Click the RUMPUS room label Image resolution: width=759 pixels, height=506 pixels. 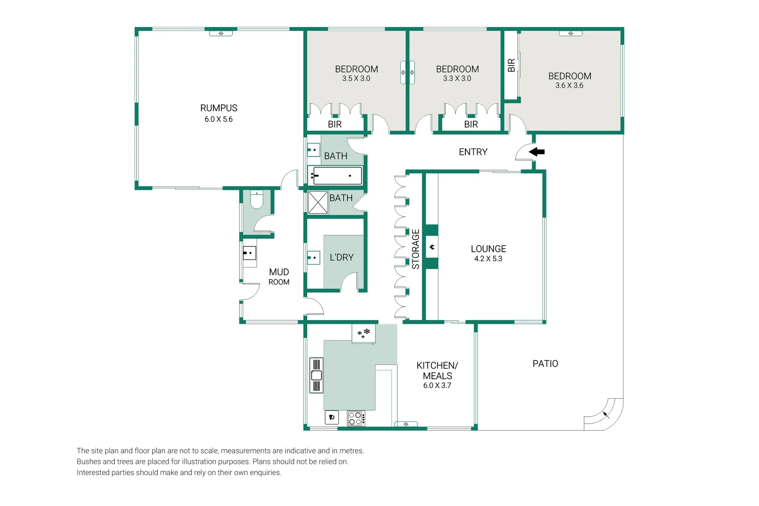tap(219, 108)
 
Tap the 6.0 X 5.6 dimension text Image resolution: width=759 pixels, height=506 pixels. tap(219, 119)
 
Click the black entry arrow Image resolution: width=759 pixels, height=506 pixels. tap(537, 152)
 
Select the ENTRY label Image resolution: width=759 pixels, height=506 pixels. tap(473, 152)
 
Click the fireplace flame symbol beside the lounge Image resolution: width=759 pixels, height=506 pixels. tap(432, 247)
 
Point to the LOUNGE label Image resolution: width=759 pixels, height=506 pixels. tap(488, 249)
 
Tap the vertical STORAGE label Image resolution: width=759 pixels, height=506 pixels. tap(415, 249)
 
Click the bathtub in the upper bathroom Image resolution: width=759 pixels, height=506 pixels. tap(335, 175)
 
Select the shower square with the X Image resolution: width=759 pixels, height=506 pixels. tap(318, 202)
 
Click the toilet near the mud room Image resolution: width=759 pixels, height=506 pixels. tap(257, 200)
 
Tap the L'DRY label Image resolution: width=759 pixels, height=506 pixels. tap(341, 257)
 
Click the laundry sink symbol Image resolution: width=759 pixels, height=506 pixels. tap(313, 258)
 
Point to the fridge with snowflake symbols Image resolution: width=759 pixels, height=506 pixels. tap(363, 334)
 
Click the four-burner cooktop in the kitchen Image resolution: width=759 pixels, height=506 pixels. tap(356, 418)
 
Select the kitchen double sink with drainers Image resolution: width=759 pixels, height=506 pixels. tap(316, 375)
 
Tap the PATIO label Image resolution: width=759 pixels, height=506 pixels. tap(545, 364)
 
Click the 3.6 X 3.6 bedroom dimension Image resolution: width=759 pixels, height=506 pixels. tap(569, 85)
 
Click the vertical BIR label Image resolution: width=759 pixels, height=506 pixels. tap(511, 65)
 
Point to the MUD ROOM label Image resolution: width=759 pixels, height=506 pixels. tap(279, 277)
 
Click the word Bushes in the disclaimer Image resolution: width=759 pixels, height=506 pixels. tap(89, 461)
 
